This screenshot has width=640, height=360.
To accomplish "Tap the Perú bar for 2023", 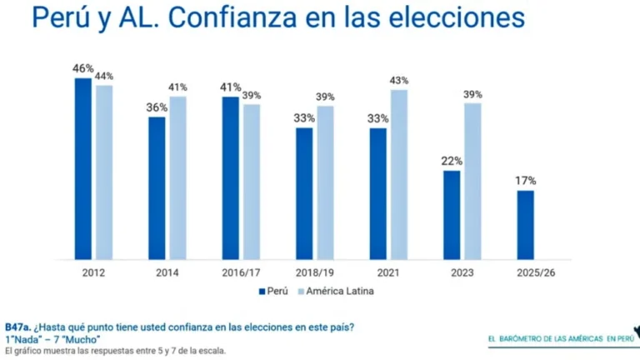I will (451, 214).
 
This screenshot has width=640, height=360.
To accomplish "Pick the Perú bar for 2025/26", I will (525, 224).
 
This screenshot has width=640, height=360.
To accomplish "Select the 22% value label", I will (452, 161).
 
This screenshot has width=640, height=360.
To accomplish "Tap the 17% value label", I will (525, 181).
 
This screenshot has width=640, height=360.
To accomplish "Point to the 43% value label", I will (398, 80).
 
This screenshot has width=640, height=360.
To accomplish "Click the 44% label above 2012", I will (104, 76).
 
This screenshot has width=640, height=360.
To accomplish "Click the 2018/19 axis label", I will (313, 272).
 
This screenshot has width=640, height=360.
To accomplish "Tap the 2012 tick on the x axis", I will (93, 272).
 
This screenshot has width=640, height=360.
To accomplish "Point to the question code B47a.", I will (17, 327).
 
